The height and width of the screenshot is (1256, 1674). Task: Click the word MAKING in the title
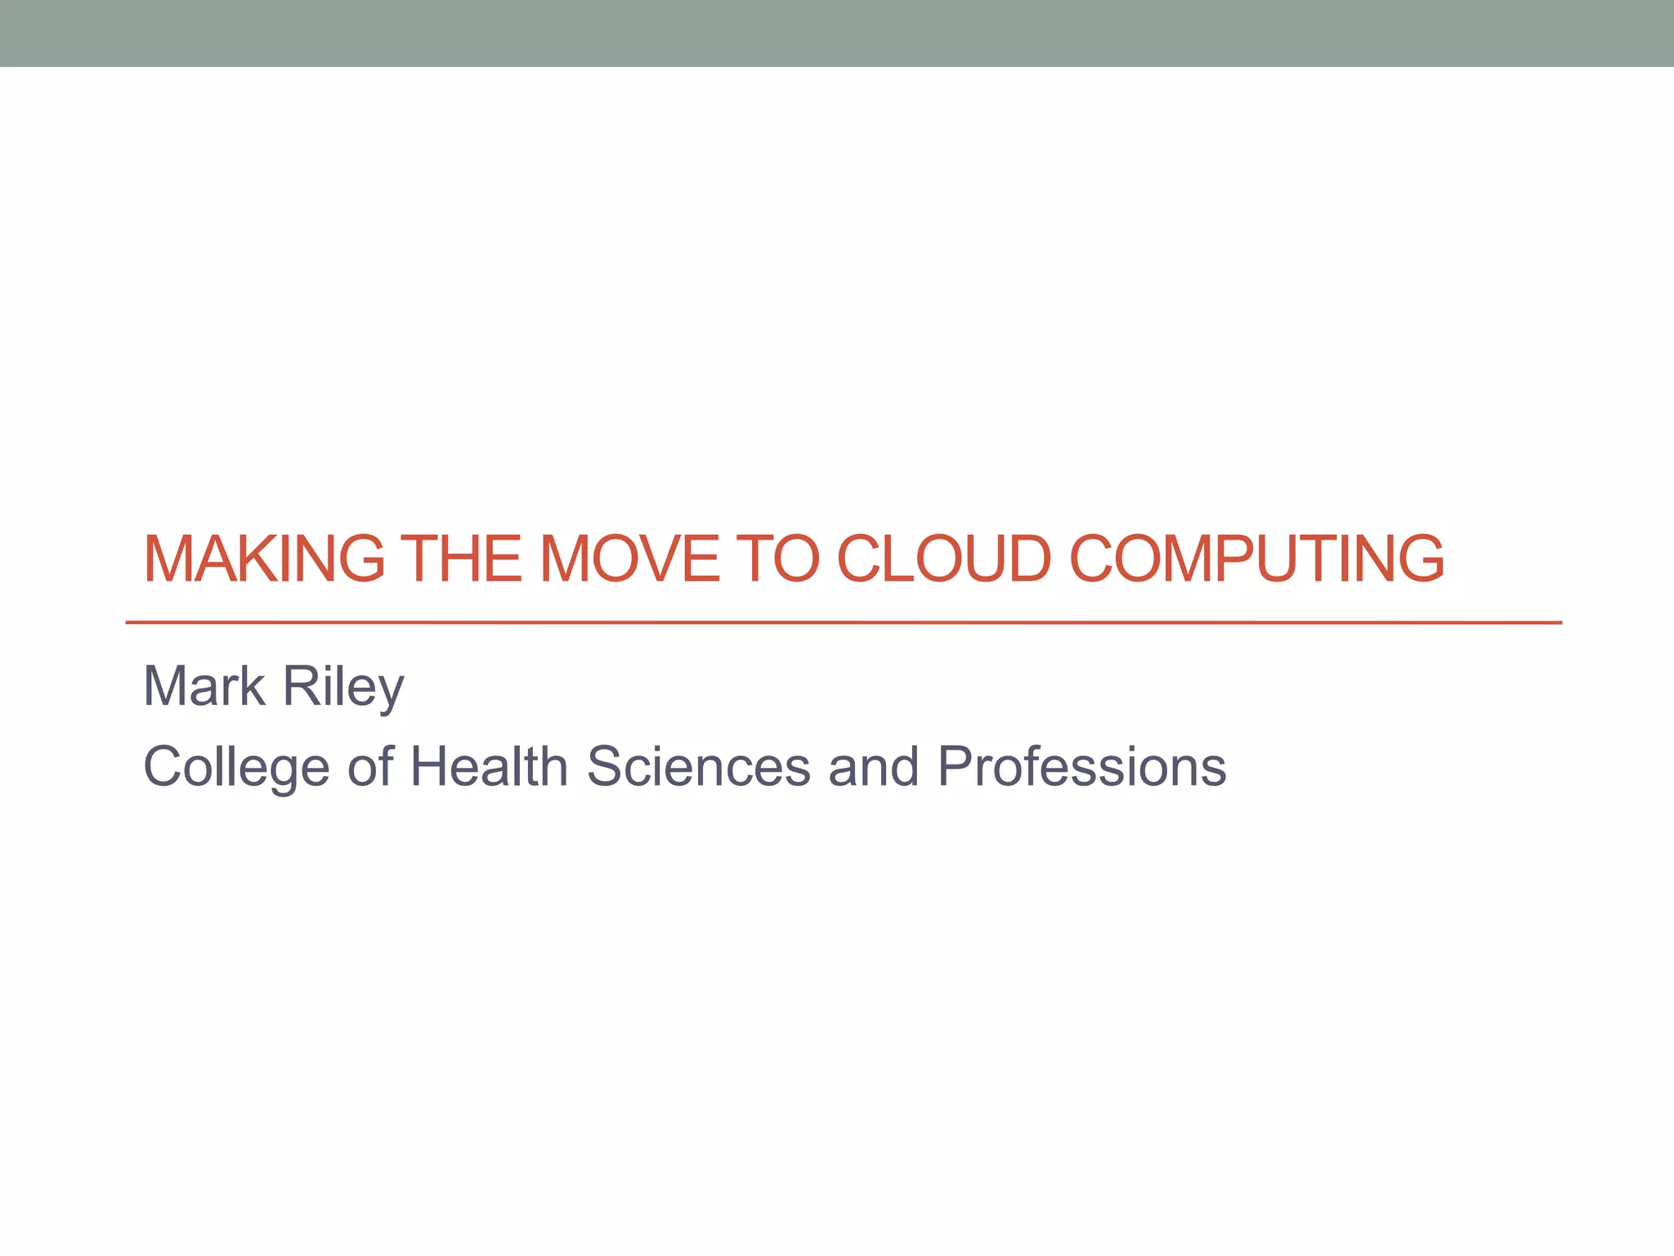[264, 559]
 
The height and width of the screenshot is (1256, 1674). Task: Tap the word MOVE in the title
[630, 559]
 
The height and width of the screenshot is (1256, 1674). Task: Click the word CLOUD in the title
[943, 559]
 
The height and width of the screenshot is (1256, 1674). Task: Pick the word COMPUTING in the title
[1256, 559]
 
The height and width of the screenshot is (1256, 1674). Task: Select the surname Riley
[343, 687]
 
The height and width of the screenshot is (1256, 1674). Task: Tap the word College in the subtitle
[236, 767]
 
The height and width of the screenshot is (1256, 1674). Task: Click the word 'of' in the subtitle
[370, 767]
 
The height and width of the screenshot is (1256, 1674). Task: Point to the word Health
[489, 767]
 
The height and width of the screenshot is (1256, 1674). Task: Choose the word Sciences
[698, 767]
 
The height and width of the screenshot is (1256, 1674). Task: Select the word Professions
[1081, 767]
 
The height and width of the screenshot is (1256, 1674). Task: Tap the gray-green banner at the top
[837, 33]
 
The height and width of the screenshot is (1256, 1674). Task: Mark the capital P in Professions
[955, 767]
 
